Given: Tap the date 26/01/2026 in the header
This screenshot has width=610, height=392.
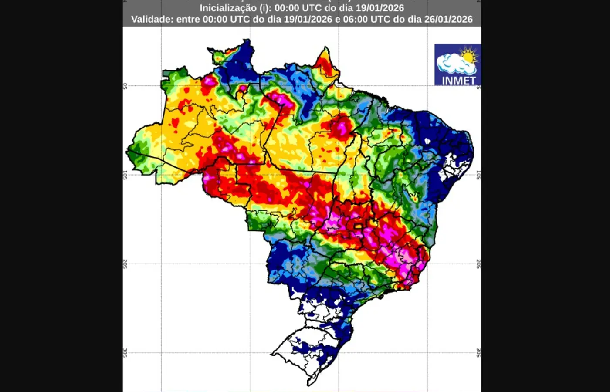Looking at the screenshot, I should tap(448, 19).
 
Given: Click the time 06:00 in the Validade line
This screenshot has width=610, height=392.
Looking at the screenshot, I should tap(355, 19).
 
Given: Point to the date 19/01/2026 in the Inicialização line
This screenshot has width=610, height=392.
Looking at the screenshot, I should tap(380, 8).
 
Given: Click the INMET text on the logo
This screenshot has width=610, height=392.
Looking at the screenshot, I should tap(458, 81).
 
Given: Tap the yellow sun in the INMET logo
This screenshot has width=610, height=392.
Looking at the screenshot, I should tap(469, 56).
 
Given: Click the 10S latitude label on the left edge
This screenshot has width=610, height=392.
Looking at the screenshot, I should tap(125, 175).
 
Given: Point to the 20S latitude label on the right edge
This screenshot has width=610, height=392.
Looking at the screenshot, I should tap(478, 264).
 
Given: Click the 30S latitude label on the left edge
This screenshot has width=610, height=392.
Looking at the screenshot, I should tap(125, 353).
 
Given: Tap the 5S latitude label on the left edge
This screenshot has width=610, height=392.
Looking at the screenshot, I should tap(125, 86).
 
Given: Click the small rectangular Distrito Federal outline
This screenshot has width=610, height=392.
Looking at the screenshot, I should tap(358, 226).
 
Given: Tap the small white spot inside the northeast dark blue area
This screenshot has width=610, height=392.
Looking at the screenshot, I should tap(427, 141).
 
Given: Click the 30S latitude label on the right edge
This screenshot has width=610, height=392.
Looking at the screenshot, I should tap(478, 353).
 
